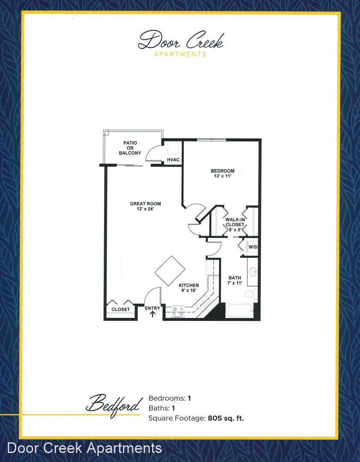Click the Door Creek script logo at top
click(181, 40)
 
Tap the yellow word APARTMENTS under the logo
click(180, 54)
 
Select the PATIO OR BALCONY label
click(130, 148)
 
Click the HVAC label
click(173, 160)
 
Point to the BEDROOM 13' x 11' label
click(222, 173)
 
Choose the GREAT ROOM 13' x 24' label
click(146, 206)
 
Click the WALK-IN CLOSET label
click(235, 225)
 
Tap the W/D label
click(253, 247)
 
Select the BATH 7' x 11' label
click(235, 280)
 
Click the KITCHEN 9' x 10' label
click(189, 288)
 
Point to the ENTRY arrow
click(153, 314)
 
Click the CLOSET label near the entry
click(121, 309)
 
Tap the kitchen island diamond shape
click(170, 271)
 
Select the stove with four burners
click(178, 312)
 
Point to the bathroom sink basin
click(253, 271)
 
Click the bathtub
click(239, 311)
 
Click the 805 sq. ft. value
click(226, 418)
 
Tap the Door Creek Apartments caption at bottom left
click(84, 448)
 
